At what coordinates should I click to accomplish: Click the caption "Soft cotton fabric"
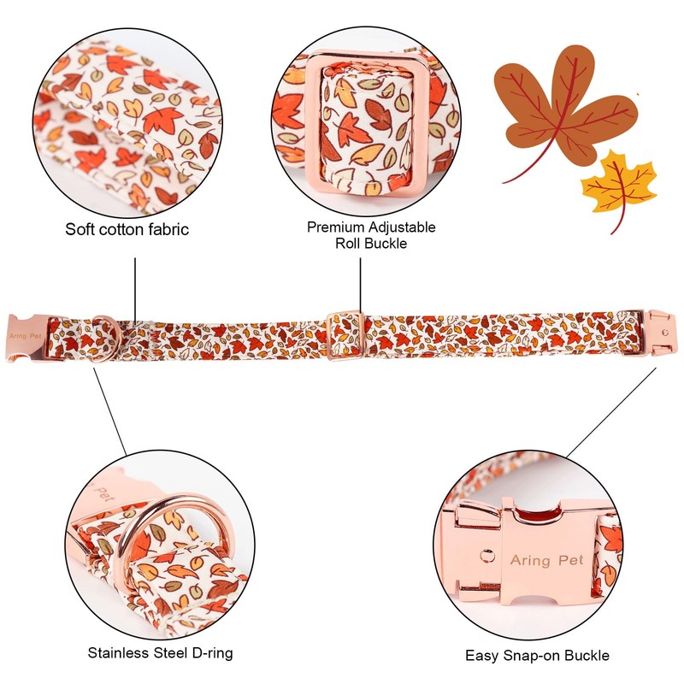127,229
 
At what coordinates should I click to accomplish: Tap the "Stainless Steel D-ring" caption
161,653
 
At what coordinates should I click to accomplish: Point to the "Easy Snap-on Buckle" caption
538,656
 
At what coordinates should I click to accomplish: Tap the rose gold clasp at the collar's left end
30,337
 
